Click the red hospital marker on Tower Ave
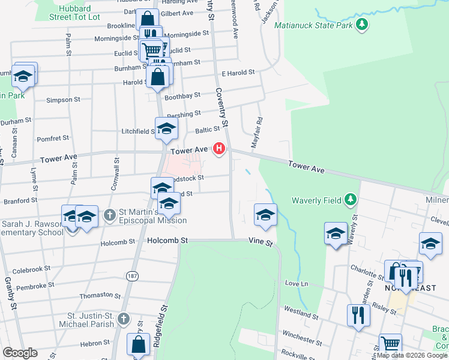(x=220, y=148)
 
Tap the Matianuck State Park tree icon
(x=361, y=25)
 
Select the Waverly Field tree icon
(x=351, y=200)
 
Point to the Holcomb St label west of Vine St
(x=167, y=241)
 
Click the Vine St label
(x=261, y=244)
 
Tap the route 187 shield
(x=132, y=276)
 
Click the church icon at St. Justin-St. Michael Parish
(x=123, y=319)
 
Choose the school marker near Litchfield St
(x=167, y=128)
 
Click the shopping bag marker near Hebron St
(x=138, y=346)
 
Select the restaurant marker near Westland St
(x=358, y=314)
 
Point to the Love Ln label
(x=296, y=283)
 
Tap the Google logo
(x=20, y=353)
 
